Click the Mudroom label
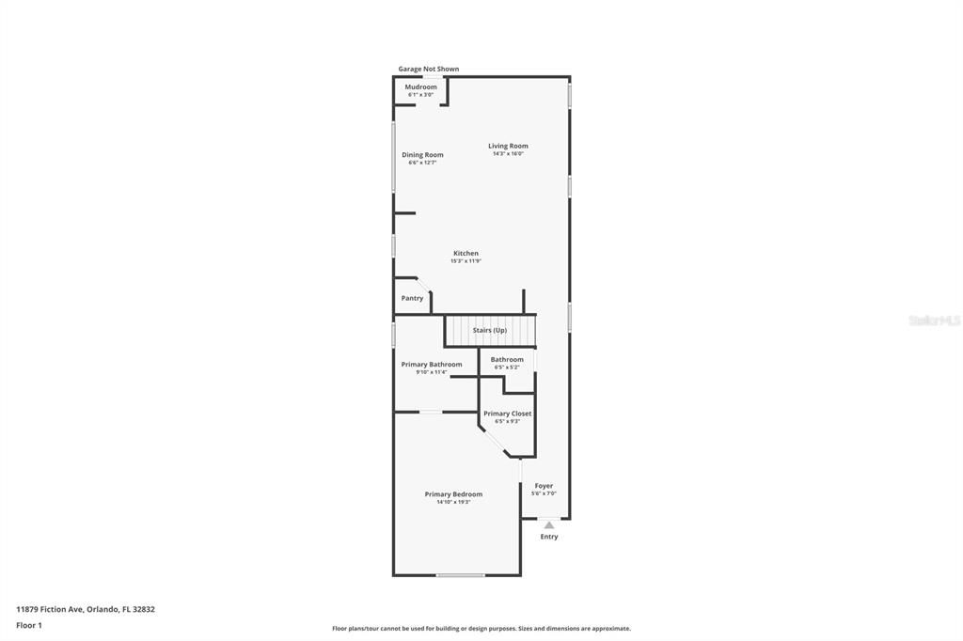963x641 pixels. click(x=420, y=87)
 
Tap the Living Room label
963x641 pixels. click(x=508, y=146)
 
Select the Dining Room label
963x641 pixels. click(x=422, y=155)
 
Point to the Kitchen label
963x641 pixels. click(x=466, y=254)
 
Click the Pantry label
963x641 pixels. click(x=412, y=298)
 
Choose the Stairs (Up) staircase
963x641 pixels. click(x=490, y=331)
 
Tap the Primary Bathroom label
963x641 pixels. click(x=432, y=365)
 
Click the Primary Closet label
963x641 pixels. click(x=507, y=414)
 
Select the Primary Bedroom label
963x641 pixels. click(x=453, y=494)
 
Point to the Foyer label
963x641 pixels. click(x=544, y=486)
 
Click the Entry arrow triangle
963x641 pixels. click(x=549, y=524)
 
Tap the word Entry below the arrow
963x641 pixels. click(x=549, y=537)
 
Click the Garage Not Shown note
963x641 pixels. click(x=429, y=69)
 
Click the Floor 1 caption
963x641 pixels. click(x=29, y=624)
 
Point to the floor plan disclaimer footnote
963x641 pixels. click(x=481, y=629)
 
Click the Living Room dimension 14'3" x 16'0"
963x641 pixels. click(x=508, y=154)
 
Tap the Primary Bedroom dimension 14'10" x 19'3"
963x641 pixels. click(x=453, y=503)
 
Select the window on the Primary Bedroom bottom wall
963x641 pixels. click(x=460, y=574)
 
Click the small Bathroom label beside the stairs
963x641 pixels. click(x=507, y=360)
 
